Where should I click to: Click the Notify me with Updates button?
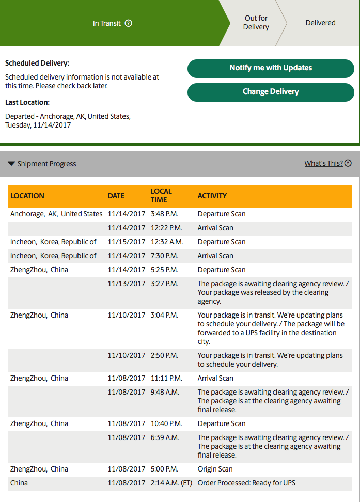point(271,68)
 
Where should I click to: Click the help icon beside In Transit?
point(129,23)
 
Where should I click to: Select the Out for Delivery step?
point(256,23)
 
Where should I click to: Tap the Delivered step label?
point(320,23)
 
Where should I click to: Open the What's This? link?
point(323,163)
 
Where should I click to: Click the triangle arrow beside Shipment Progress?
point(11,164)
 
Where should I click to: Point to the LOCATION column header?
point(27,196)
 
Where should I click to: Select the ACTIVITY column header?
point(212,196)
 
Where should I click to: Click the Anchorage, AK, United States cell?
point(56,214)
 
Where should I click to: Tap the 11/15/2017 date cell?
point(127,242)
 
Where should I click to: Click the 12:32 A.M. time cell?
point(166,242)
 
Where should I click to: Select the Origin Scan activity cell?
point(215,469)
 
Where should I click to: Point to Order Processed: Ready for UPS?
point(246,483)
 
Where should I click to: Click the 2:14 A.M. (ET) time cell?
point(172,483)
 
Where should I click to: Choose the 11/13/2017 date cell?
point(127,284)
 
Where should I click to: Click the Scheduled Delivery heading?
point(37,64)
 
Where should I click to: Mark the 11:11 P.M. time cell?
point(166,378)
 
